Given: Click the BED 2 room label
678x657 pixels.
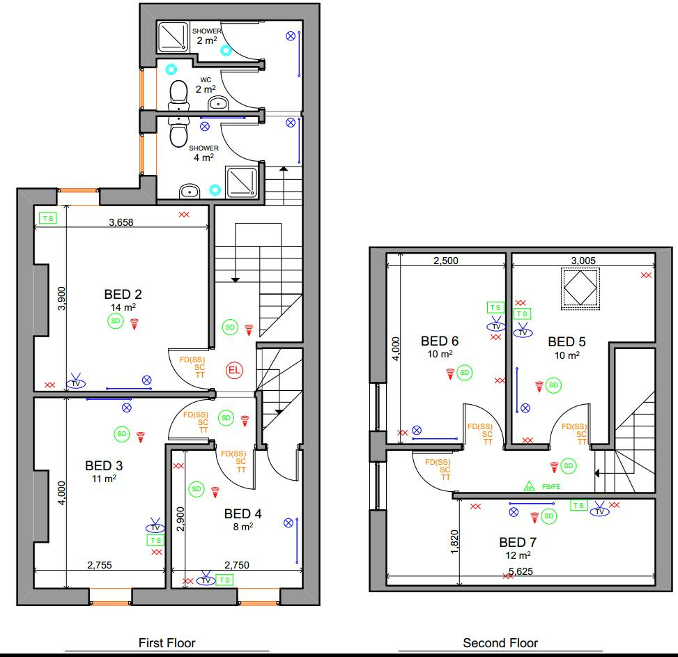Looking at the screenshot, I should pyautogui.click(x=123, y=294).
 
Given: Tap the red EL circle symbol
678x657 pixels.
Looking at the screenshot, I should pyautogui.click(x=233, y=371).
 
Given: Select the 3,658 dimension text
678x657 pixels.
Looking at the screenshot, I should pyautogui.click(x=121, y=223).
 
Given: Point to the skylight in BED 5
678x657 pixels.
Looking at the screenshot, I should pyautogui.click(x=580, y=286).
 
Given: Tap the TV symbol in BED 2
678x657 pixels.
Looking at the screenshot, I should pyautogui.click(x=76, y=382).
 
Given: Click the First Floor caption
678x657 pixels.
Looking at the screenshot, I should pyautogui.click(x=167, y=643).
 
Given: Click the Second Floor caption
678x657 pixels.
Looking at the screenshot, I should pyautogui.click(x=500, y=643).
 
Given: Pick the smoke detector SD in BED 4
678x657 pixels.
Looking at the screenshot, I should pyautogui.click(x=197, y=490).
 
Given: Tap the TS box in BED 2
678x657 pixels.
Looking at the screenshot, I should pyautogui.click(x=47, y=218).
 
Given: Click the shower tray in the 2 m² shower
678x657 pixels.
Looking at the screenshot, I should pyautogui.click(x=173, y=37).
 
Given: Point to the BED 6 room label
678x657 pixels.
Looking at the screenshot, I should pyautogui.click(x=440, y=341).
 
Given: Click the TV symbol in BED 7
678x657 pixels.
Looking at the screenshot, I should pyautogui.click(x=599, y=511).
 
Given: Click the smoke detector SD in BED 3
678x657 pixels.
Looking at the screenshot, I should pyautogui.click(x=122, y=434).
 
